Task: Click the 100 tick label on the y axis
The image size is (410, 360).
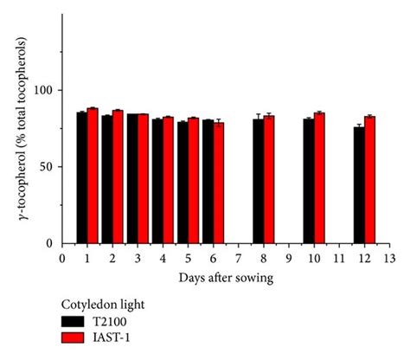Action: click(45, 91)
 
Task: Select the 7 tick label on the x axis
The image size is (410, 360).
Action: click(238, 257)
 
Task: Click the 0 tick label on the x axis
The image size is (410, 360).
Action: click(62, 257)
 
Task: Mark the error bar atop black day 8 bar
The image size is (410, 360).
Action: click(259, 117)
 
